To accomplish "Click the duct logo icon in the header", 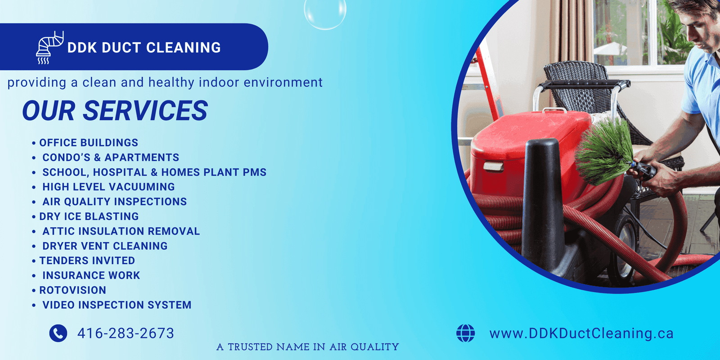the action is [49, 48].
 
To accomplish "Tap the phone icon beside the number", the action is [58, 333].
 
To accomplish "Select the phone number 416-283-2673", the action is [126, 333].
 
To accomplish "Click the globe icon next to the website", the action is [465, 333].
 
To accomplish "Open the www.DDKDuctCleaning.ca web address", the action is [581, 333].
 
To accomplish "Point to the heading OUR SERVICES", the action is [115, 111].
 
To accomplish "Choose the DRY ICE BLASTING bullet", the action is [89, 216].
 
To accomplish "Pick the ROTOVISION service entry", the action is [72, 290].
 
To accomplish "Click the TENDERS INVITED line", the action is [87, 261].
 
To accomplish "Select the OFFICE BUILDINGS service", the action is [89, 142].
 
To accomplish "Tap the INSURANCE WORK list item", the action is [91, 275].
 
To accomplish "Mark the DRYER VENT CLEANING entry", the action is [105, 246].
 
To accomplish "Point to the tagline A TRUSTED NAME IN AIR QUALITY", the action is [308, 347].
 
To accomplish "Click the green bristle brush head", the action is [604, 152].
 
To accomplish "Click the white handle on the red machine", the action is [494, 166].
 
